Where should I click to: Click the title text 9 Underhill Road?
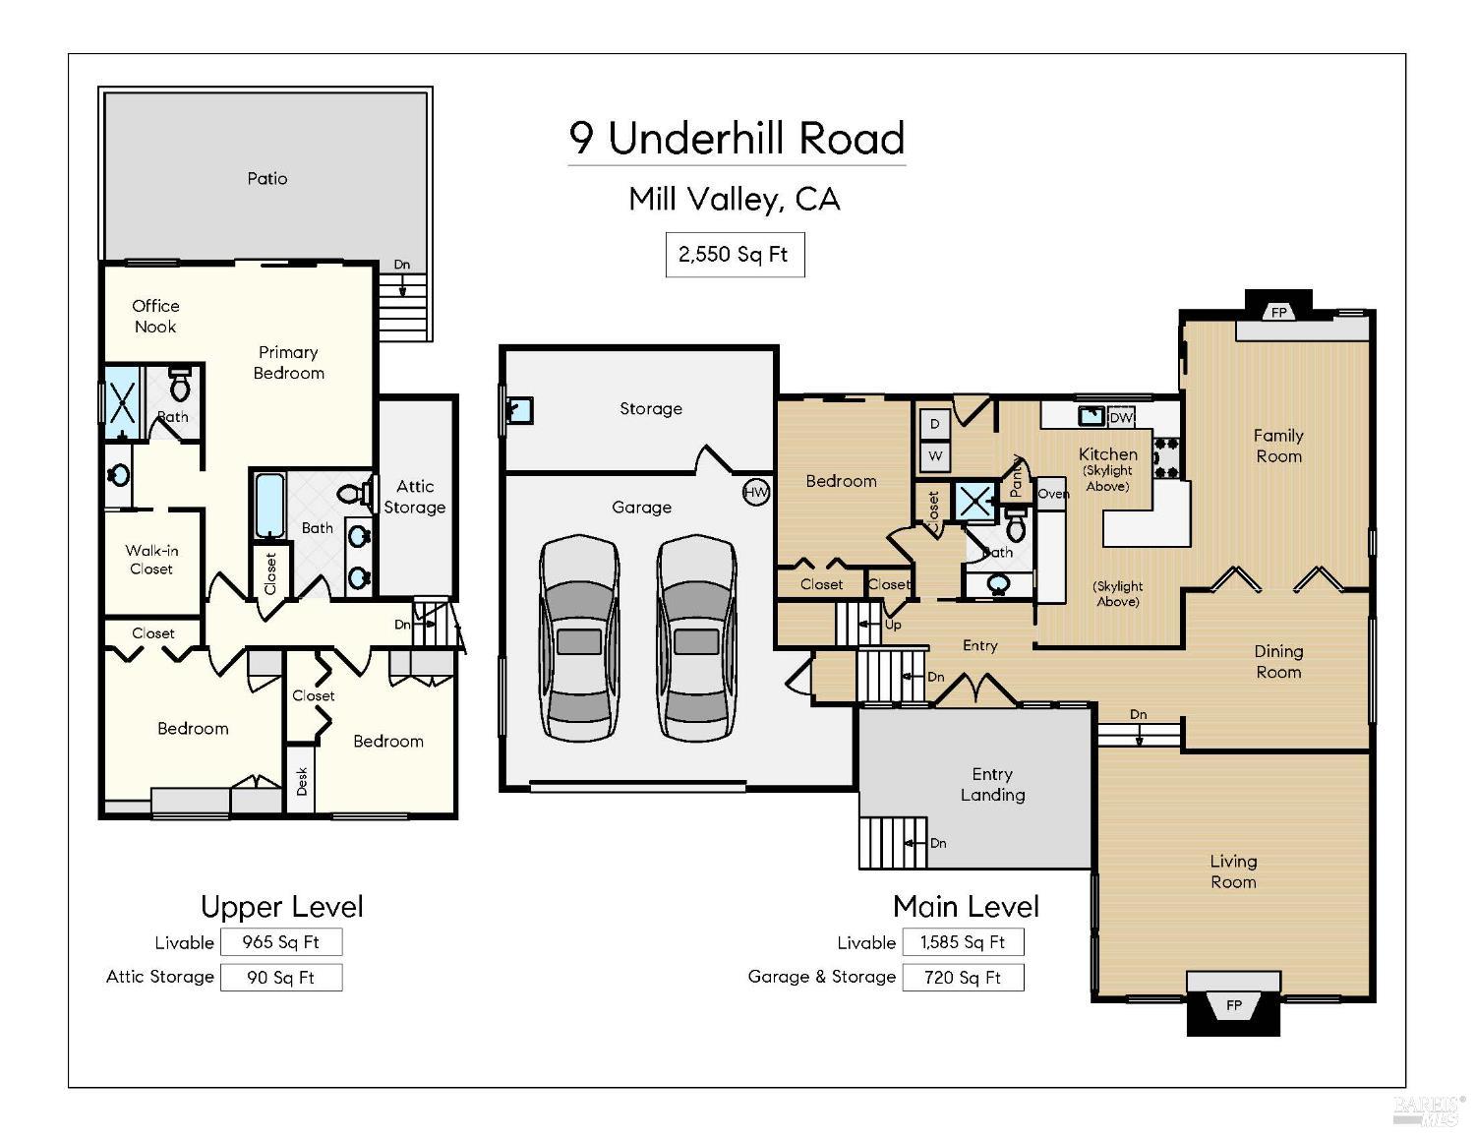737,139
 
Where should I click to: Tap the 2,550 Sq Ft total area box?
735,255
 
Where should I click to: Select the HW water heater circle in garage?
755,493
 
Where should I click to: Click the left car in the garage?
579,638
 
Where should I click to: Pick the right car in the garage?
696,638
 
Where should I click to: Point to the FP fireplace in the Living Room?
1233,1004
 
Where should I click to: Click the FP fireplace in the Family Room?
1278,313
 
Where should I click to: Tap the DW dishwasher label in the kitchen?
1121,417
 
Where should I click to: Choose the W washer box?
934,456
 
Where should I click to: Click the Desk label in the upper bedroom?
302,781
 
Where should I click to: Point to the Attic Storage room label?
414,497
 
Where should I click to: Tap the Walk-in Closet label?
151,560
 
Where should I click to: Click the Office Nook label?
155,316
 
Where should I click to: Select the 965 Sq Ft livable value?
281,942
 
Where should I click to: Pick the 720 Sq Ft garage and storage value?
963,978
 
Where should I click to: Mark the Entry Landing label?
992,785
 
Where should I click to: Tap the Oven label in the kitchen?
1052,494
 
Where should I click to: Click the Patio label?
267,178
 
